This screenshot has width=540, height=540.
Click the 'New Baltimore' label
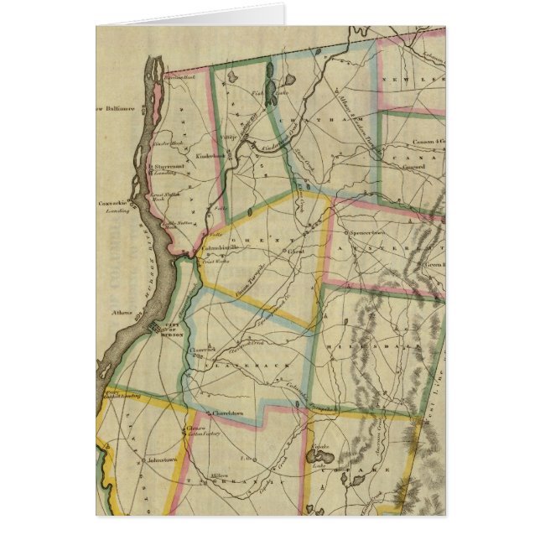point(114,107)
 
